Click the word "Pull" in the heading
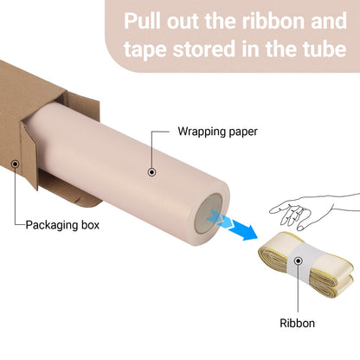143,21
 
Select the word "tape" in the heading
145,49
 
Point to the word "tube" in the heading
325,48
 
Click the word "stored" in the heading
204,48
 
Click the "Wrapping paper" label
217,132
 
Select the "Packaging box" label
62,225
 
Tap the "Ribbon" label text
297,323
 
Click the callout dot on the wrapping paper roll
152,172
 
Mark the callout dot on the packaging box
15,164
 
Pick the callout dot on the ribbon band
299,261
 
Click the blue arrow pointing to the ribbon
233,224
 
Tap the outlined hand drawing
314,210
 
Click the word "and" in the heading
329,21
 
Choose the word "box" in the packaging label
90,225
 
